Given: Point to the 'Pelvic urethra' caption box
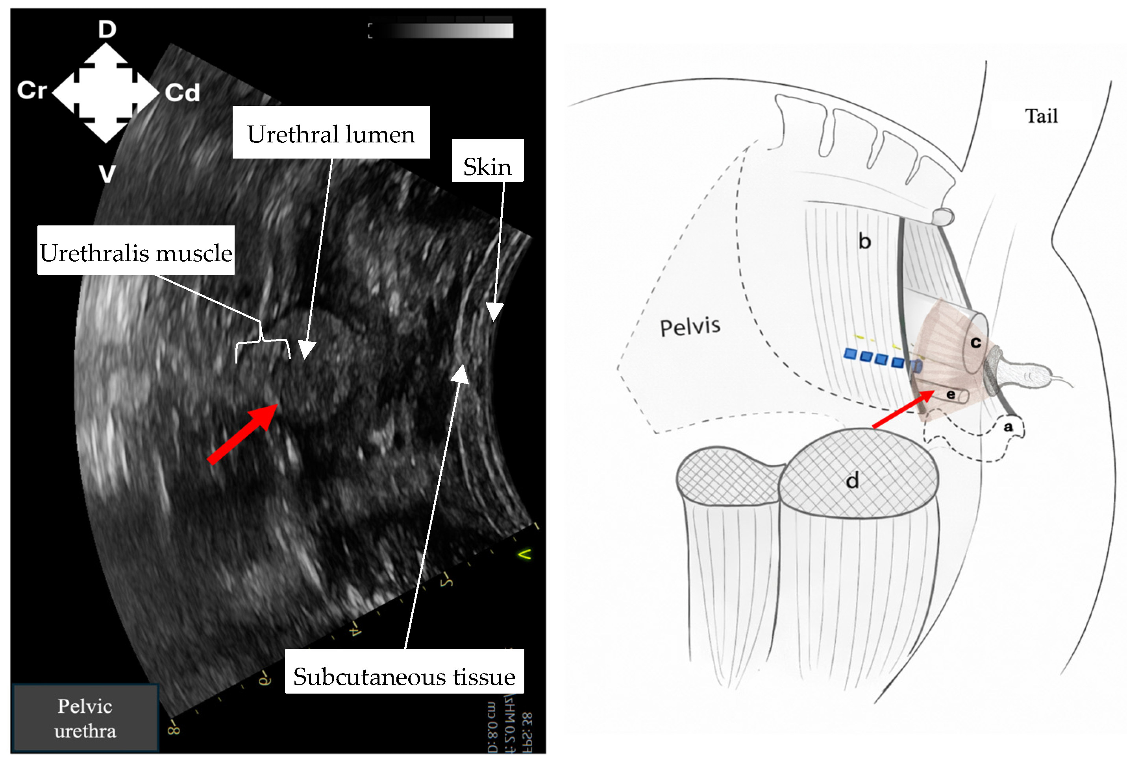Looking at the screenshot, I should tap(85, 718).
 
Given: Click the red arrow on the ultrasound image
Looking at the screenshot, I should tap(242, 434).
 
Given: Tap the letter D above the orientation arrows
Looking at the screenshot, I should tap(107, 29).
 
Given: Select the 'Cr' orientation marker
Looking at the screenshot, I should tap(32, 90).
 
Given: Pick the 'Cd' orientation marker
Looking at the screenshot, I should tap(182, 92).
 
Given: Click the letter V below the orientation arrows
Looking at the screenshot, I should tap(107, 173).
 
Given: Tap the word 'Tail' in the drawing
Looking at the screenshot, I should tap(1041, 116).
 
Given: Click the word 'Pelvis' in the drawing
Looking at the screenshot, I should tap(690, 327).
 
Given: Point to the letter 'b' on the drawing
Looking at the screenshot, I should tap(864, 241).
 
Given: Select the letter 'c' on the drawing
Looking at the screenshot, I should tap(975, 343).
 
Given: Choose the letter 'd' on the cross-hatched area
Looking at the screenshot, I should tap(852, 481).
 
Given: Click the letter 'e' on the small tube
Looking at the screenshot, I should tap(951, 395).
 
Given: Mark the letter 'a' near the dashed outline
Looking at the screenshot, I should tap(1008, 426).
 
